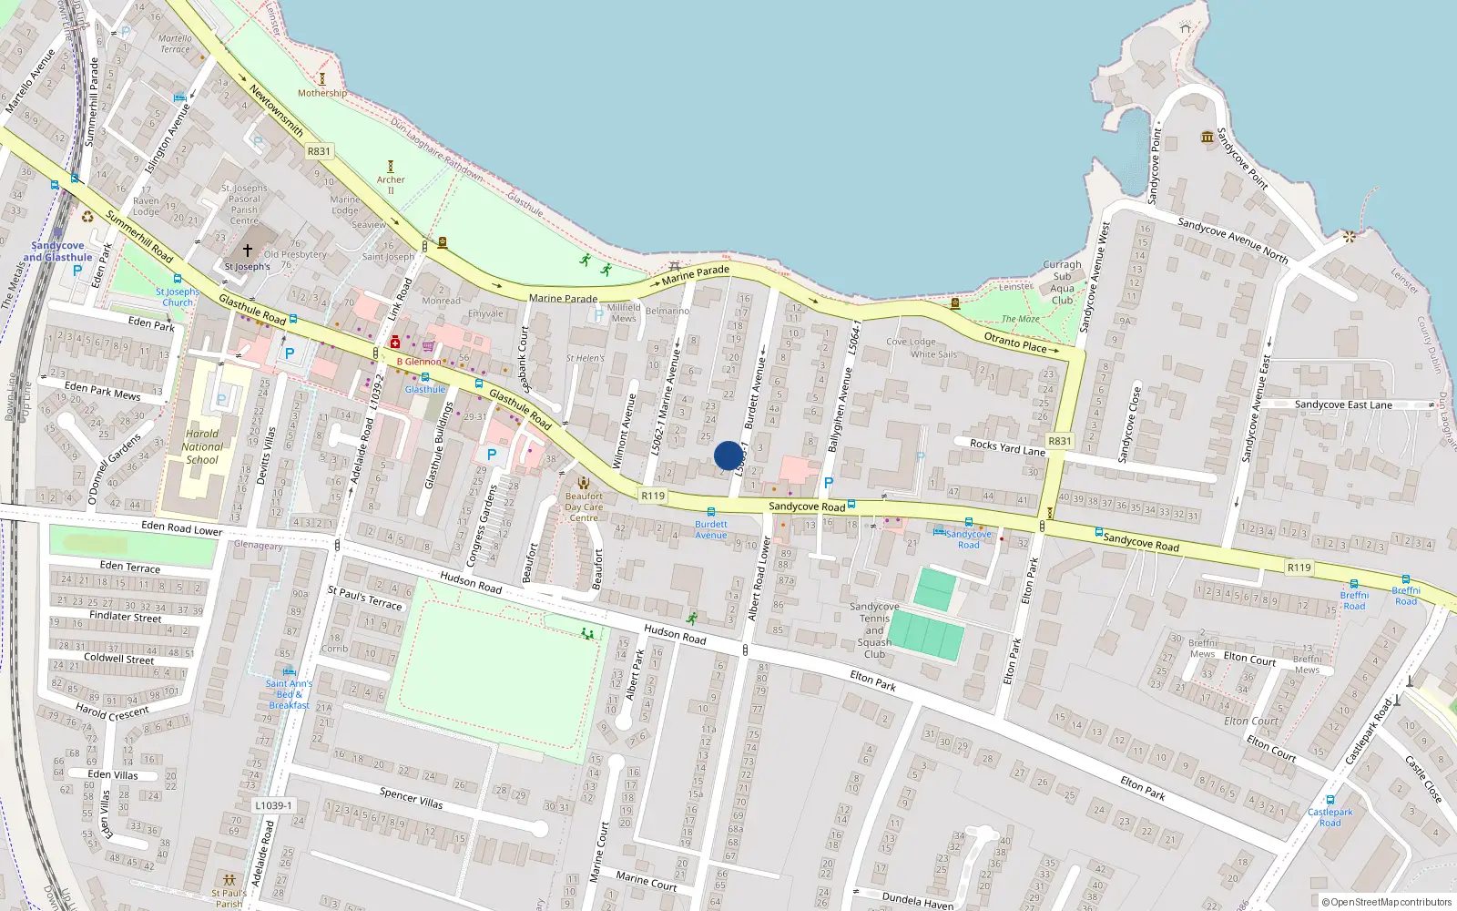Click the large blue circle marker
[x=728, y=455]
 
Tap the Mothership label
[x=321, y=93]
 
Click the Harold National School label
[x=202, y=446]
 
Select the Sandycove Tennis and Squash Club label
[x=874, y=630]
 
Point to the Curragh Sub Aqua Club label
[x=1062, y=282]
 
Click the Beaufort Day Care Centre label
[x=584, y=507]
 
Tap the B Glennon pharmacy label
[x=418, y=362]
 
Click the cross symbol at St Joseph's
[x=247, y=250]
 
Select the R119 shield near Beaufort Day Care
[x=653, y=496]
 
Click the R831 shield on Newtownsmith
[x=319, y=151]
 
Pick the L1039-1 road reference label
[x=273, y=805]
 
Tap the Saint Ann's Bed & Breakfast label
[x=289, y=694]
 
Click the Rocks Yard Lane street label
[x=1007, y=447]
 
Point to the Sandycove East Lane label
[x=1343, y=404]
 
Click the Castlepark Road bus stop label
[x=1330, y=817]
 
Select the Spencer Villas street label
[x=411, y=798]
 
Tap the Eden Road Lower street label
[x=181, y=528]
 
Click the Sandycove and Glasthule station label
[x=57, y=251]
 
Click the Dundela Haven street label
[x=917, y=900]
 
